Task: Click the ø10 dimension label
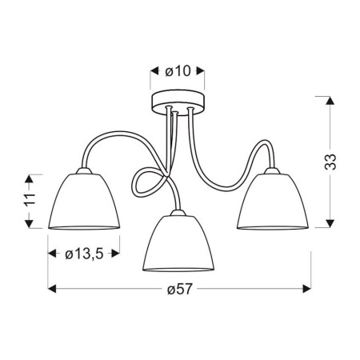click(x=178, y=71)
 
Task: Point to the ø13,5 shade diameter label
click(x=83, y=254)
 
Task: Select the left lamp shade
click(x=83, y=202)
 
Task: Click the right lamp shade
click(x=274, y=201)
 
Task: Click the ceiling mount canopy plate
click(x=178, y=102)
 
